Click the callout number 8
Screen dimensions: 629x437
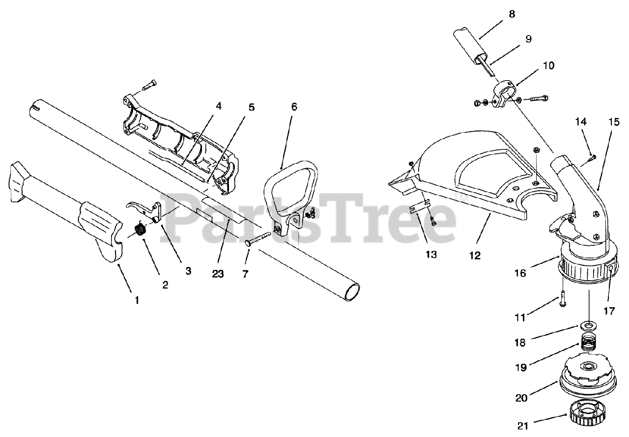click(x=512, y=14)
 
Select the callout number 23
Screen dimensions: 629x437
click(x=217, y=274)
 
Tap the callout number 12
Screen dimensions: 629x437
click(x=475, y=255)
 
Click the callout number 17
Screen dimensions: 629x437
click(x=610, y=310)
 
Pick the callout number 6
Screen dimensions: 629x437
click(x=294, y=107)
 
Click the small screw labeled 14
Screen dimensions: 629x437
click(x=593, y=157)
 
